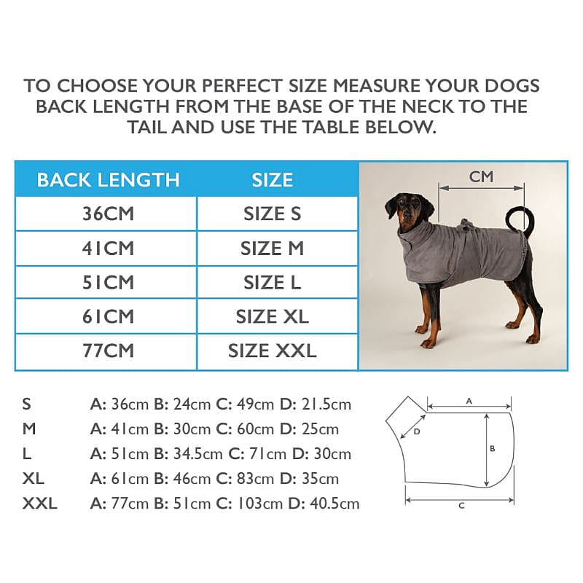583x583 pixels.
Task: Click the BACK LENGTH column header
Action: point(108,180)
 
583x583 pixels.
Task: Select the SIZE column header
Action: point(273,180)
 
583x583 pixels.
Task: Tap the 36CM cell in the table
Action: point(108,214)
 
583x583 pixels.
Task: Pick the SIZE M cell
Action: point(272,249)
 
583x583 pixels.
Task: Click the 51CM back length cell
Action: point(108,283)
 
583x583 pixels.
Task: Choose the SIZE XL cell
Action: point(272,317)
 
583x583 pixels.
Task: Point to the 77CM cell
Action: point(108,351)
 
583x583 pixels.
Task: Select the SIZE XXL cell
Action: point(272,351)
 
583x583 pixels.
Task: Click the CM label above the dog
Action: point(481,177)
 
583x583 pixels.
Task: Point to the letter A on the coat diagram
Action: point(469,402)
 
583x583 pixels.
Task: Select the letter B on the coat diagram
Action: point(493,449)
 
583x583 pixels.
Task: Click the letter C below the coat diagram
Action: point(461,506)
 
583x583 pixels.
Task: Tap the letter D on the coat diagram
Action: point(417,431)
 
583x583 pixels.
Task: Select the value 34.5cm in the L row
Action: point(197,454)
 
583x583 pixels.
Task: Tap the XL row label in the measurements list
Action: point(34,479)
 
